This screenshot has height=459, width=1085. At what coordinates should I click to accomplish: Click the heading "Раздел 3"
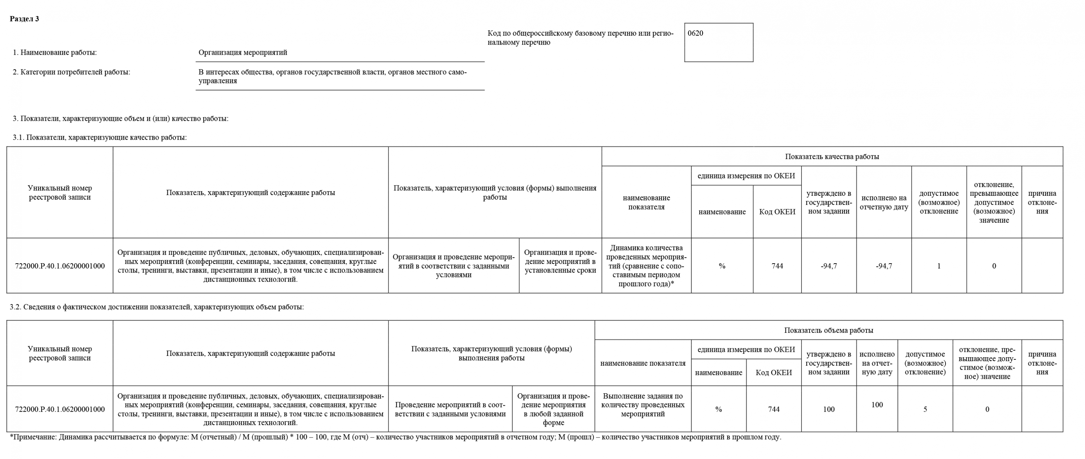[x=24, y=19]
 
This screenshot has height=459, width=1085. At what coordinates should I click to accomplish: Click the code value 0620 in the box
[x=695, y=33]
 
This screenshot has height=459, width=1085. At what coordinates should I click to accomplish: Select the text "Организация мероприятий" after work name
[x=243, y=53]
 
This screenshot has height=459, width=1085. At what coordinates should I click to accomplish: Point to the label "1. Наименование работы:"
[x=55, y=53]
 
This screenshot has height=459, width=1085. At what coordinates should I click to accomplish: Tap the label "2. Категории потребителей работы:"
[x=72, y=72]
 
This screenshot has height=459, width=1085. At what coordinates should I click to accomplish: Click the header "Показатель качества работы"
[x=832, y=157]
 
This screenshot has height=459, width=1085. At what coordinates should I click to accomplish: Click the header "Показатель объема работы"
[x=829, y=330]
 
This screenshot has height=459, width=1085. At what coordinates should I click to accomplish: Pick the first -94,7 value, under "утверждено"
[x=829, y=266]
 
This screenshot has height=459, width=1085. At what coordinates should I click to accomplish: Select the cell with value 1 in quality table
[x=938, y=266]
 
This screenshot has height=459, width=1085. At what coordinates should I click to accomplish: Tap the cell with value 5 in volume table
[x=925, y=409]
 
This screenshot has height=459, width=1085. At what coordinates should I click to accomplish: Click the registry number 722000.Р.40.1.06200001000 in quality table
[x=60, y=266]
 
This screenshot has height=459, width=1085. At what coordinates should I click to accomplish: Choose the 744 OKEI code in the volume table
[x=774, y=409]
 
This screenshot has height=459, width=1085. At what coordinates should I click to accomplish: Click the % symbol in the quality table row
[x=722, y=266]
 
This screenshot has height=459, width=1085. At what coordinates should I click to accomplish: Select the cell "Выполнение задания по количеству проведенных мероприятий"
[x=643, y=405]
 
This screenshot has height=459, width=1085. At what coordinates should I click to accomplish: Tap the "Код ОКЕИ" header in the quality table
[x=777, y=212]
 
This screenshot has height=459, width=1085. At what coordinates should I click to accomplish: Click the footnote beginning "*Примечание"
[x=395, y=437]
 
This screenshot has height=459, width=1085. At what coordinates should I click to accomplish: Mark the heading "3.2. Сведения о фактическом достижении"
[x=157, y=307]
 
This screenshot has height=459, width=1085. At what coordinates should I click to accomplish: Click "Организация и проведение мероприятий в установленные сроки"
[x=560, y=261]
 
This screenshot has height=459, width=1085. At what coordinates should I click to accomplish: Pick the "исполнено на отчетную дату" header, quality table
[x=884, y=202]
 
